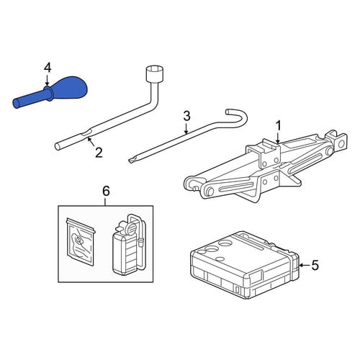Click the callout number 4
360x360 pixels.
[x=48, y=68]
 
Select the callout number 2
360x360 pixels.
[x=99, y=153]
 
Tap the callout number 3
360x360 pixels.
[x=186, y=116]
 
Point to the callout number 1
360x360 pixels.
[x=279, y=126]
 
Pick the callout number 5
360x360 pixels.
[x=315, y=265]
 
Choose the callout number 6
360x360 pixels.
[x=106, y=192]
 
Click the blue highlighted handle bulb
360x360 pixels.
[x=70, y=88]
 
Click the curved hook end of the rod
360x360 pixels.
[x=238, y=117]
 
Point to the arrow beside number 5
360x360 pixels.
[x=305, y=265]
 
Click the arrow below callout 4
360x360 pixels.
[x=48, y=80]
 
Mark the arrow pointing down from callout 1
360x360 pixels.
[x=278, y=138]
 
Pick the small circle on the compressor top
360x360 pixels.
[x=220, y=259]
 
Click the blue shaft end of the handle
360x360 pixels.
[x=17, y=104]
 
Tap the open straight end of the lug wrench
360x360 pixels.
[x=58, y=146]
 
